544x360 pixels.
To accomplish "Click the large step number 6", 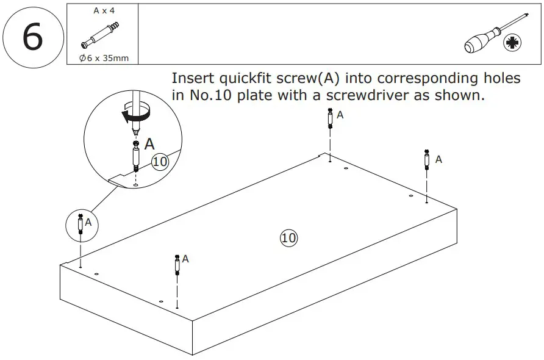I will (32, 37).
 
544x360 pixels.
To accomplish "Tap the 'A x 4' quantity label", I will (103, 11).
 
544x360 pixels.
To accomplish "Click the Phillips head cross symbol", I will (510, 43).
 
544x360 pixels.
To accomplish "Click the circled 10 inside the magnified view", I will (159, 162).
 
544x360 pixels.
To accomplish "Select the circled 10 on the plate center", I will (288, 237).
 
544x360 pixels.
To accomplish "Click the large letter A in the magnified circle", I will (149, 144).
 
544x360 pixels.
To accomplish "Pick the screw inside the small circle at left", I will (80, 224).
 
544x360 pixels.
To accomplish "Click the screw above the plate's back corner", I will (329, 118).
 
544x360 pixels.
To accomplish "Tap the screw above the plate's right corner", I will (426, 160).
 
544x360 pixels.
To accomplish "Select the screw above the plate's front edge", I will (177, 264).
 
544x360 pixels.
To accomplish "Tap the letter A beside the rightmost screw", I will (438, 159).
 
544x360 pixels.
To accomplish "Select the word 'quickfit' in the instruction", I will (243, 79).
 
